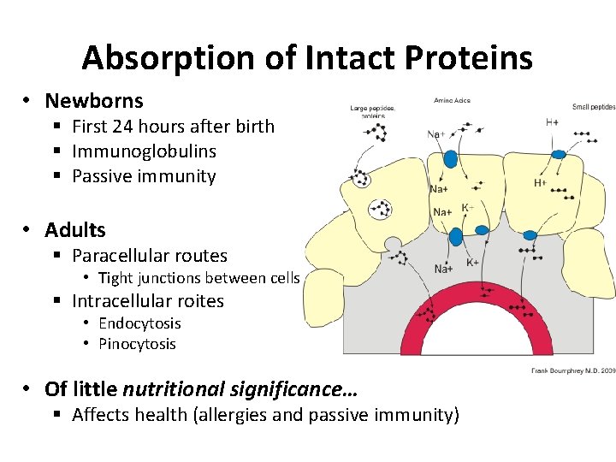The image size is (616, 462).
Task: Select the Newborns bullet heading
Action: point(94,101)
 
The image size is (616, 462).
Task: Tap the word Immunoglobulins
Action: point(144,151)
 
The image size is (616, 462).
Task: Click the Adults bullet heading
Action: point(75,230)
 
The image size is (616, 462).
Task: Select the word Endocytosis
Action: point(139,323)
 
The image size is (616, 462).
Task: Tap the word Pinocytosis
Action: point(137,344)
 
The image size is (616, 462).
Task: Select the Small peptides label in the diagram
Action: point(593,107)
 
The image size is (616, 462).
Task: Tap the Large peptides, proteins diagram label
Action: point(372,112)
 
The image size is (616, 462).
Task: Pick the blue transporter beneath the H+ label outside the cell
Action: point(559,154)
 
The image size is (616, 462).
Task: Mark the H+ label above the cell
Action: point(552,122)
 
